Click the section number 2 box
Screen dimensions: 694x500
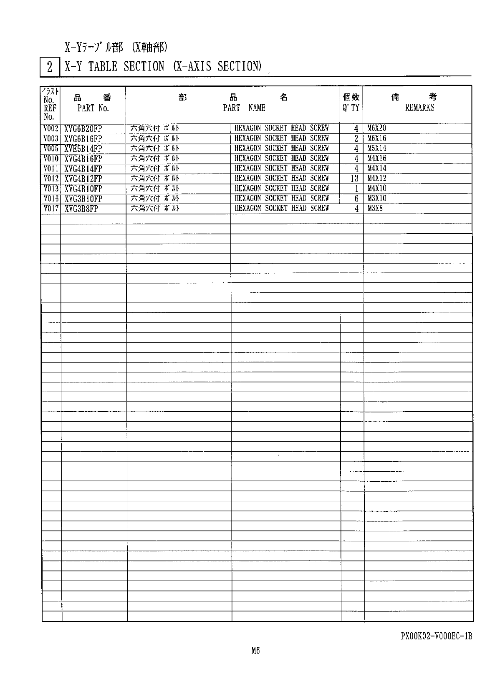tap(50, 67)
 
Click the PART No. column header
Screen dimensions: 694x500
tap(93, 108)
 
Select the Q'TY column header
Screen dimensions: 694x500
tap(351, 108)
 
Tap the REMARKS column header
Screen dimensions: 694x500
tap(419, 108)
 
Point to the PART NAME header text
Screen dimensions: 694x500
tap(244, 108)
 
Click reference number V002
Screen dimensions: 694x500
tap(51, 128)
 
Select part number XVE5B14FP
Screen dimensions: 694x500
tap(83, 149)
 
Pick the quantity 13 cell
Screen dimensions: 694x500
tap(354, 179)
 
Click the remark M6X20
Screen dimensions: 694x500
tap(376, 128)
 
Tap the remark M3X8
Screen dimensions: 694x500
tap(375, 208)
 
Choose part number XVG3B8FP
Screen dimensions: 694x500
tap(81, 209)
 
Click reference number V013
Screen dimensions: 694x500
tap(51, 189)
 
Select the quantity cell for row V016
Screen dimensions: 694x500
tap(356, 199)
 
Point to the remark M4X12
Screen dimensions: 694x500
tap(376, 178)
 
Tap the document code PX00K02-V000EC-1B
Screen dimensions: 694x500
tap(436, 636)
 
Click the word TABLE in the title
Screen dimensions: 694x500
tap(103, 67)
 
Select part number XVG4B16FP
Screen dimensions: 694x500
tap(83, 159)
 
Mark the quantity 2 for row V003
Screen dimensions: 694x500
tap(356, 138)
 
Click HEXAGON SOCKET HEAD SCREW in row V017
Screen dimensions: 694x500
tap(282, 208)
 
